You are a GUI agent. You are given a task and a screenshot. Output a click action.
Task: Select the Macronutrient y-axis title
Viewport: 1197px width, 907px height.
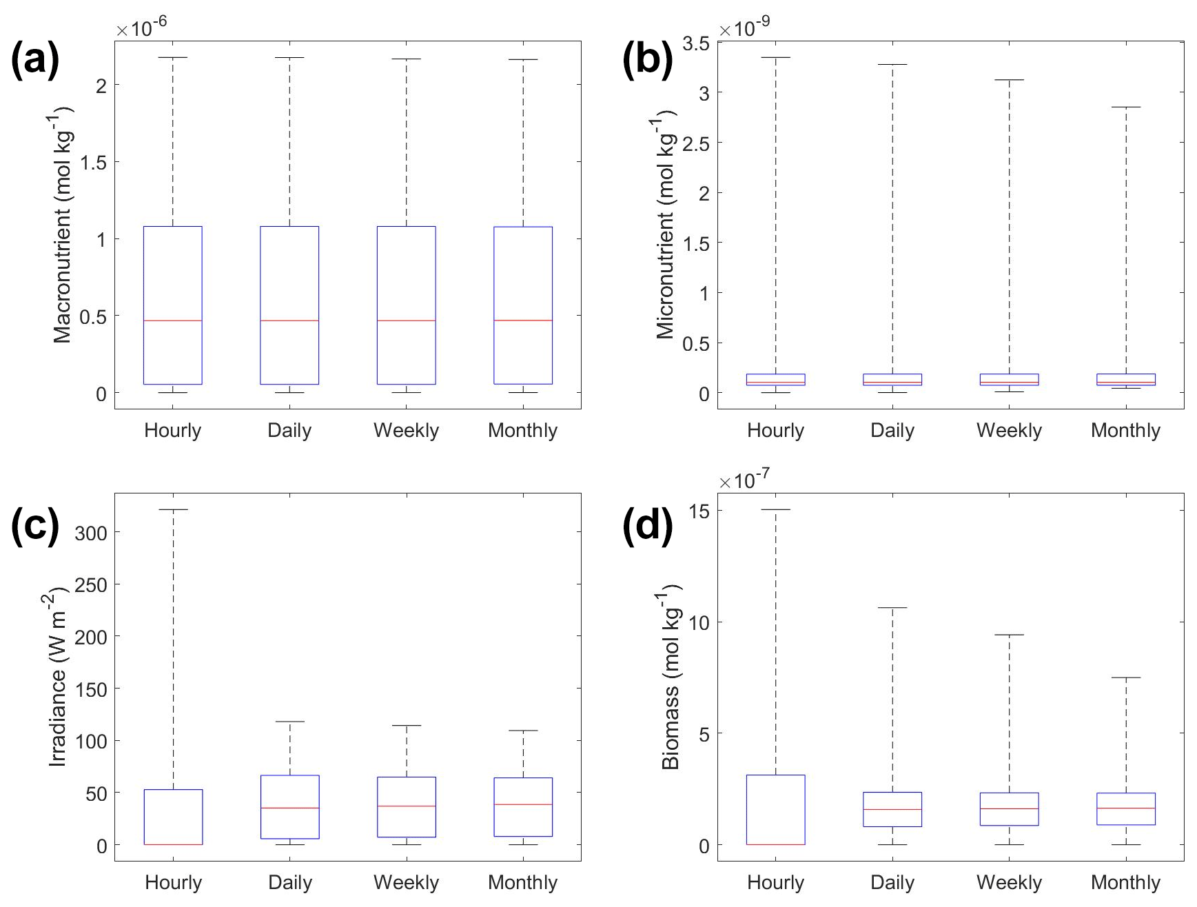click(x=63, y=224)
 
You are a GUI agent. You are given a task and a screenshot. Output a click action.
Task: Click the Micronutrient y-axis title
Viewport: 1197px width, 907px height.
click(x=666, y=227)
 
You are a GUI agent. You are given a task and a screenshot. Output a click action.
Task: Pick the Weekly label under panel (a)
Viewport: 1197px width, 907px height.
click(x=406, y=431)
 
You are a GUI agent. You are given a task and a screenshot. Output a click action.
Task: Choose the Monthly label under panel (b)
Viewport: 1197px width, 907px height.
click(x=1125, y=431)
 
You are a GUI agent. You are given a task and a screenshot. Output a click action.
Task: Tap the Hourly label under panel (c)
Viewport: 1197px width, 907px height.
click(x=172, y=883)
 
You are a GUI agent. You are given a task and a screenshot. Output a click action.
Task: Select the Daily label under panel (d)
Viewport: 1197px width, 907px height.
click(x=892, y=883)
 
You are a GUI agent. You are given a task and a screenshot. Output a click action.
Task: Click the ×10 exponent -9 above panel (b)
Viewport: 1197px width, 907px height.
click(x=745, y=28)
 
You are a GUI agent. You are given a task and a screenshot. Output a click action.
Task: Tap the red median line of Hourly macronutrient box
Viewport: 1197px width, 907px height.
click(x=172, y=320)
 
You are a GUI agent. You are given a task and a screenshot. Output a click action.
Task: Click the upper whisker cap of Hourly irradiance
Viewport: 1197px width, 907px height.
click(x=172, y=509)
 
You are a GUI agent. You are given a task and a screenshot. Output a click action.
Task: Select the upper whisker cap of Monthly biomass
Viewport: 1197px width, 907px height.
click(x=1125, y=677)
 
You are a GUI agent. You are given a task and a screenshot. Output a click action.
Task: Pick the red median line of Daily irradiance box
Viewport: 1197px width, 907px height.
click(x=289, y=808)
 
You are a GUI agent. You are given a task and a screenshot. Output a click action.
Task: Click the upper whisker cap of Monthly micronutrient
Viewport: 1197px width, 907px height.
click(x=1125, y=107)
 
